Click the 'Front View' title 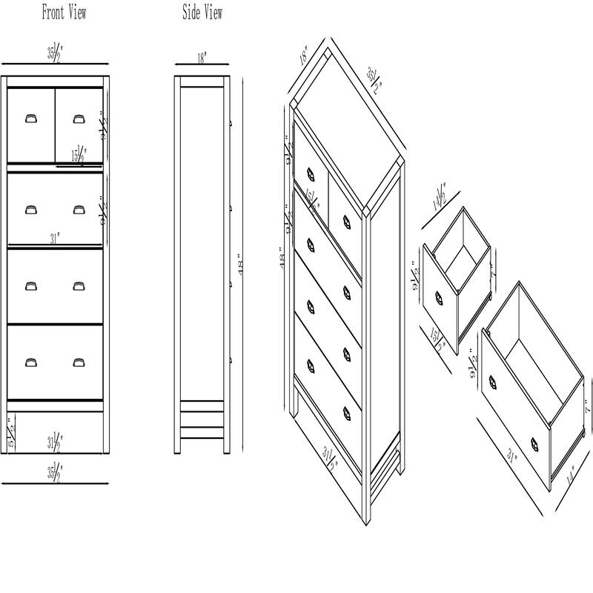tap(64, 13)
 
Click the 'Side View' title tap(202, 13)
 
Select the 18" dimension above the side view tap(202, 56)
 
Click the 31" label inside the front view tap(55, 239)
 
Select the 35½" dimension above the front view tap(55, 53)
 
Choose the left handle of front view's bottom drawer tap(30, 362)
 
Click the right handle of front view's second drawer tap(79, 210)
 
